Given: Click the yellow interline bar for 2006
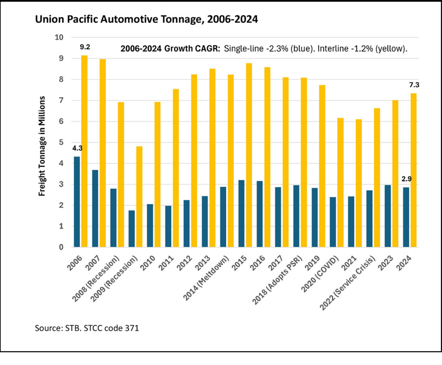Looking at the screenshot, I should pyautogui.click(x=84, y=151).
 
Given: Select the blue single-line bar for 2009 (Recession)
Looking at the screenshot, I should pyautogui.click(x=132, y=229).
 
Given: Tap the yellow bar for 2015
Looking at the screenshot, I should pyautogui.click(x=249, y=155).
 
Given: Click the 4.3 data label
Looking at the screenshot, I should pyautogui.click(x=77, y=148).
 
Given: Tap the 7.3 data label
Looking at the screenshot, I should pyautogui.click(x=414, y=85).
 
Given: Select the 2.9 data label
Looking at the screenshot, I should pyautogui.click(x=406, y=179).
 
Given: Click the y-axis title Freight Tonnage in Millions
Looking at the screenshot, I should pyautogui.click(x=42, y=146).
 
